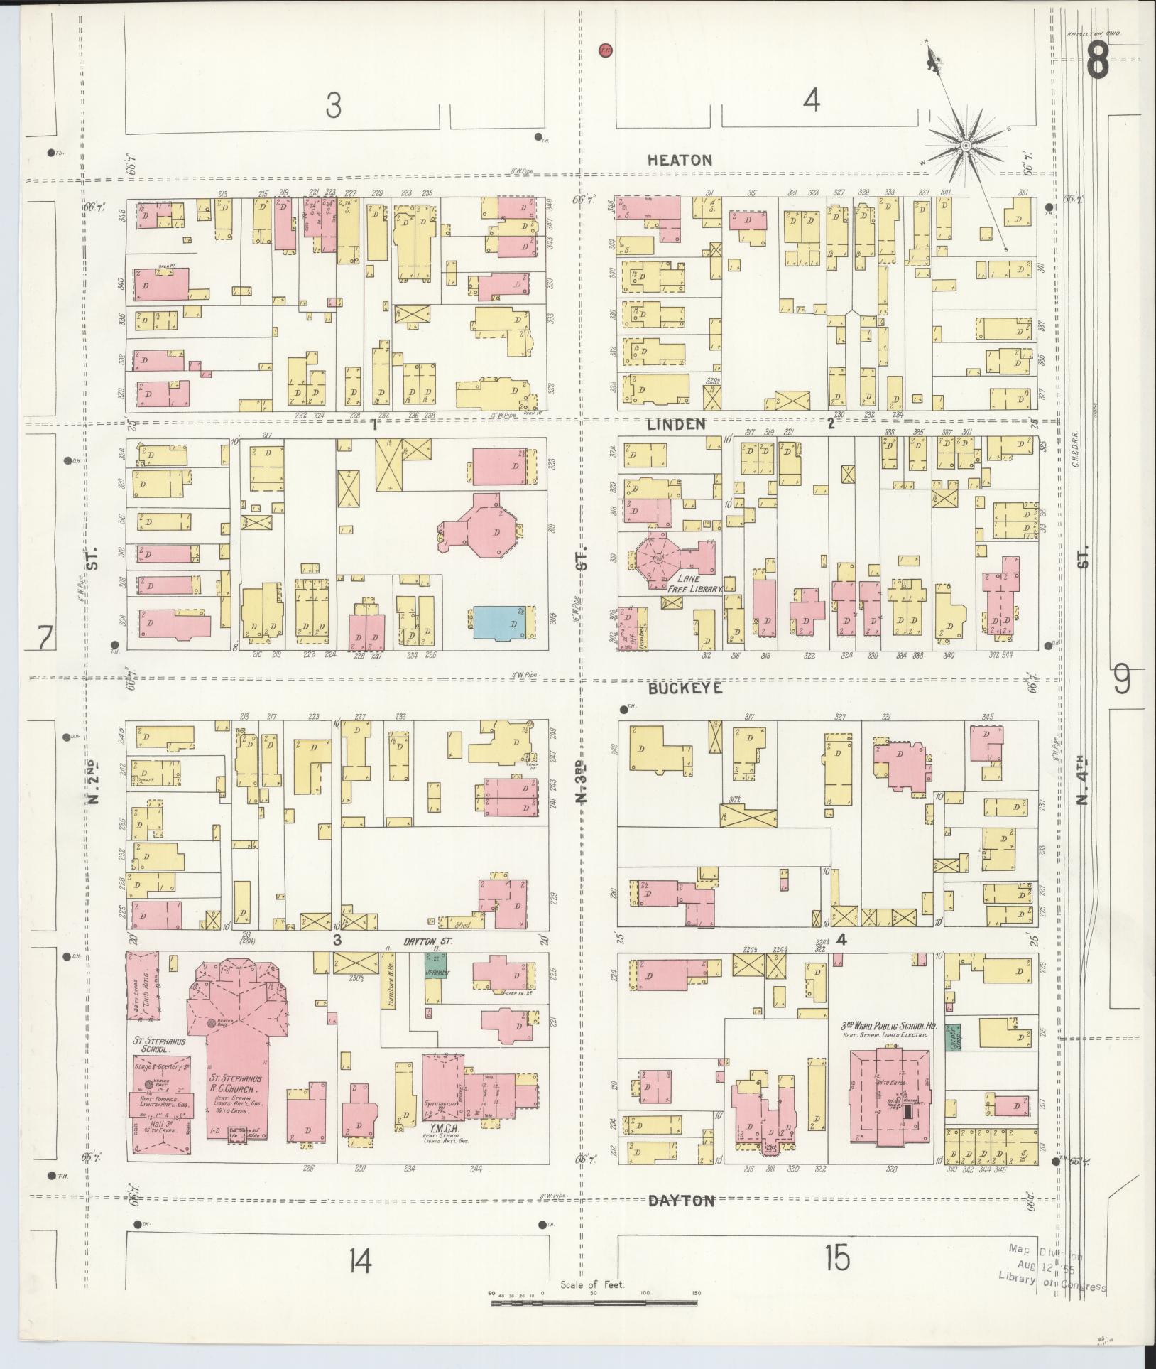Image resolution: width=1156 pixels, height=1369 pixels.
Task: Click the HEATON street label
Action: coord(680,161)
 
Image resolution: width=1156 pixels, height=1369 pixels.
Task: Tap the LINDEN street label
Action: coord(676,424)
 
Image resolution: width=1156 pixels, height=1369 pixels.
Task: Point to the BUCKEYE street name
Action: coord(685,688)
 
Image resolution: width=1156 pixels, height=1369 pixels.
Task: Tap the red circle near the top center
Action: coord(605,50)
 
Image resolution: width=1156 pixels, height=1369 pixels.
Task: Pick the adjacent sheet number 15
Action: coord(837,1259)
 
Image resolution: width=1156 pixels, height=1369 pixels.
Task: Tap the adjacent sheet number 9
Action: coord(1121,679)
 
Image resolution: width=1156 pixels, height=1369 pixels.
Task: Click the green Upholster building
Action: coord(431,968)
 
